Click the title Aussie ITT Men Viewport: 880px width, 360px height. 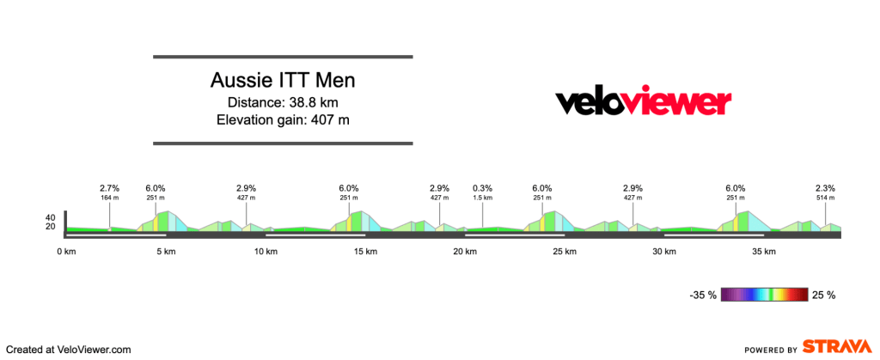point(283,81)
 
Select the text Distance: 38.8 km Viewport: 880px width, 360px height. point(283,102)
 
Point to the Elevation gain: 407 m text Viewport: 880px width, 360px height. point(283,119)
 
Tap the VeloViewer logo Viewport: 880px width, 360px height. point(643,102)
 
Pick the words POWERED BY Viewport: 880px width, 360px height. point(769,350)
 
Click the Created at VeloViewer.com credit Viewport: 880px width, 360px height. point(68,350)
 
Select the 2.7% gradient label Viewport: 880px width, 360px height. point(109,188)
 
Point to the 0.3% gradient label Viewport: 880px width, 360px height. point(482,188)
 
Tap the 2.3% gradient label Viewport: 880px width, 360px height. point(826,188)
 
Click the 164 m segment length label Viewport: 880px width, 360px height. point(109,198)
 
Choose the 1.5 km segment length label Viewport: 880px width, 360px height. point(482,198)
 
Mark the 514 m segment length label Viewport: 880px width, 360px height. point(826,198)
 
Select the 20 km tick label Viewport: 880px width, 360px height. point(465,252)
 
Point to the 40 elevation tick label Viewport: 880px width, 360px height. point(51,217)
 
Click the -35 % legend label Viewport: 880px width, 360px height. point(703,295)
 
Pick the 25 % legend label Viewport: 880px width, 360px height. point(823,295)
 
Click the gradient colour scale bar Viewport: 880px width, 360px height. point(764,295)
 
